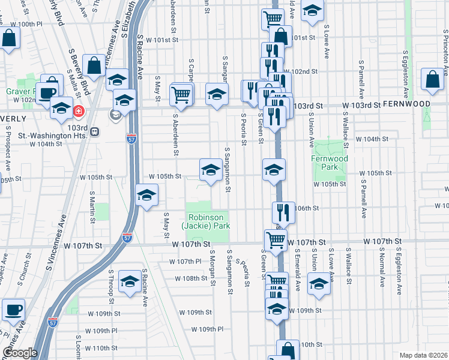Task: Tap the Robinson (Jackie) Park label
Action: pos(207,221)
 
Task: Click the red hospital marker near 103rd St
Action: pos(78,111)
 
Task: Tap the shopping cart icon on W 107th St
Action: pos(276,240)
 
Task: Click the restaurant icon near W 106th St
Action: pos(283,211)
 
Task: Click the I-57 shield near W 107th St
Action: pos(127,238)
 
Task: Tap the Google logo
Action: pos(20,352)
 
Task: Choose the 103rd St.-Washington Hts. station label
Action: pos(79,132)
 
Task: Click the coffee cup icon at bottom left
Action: pos(13,310)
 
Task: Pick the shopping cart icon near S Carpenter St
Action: pos(181,94)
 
